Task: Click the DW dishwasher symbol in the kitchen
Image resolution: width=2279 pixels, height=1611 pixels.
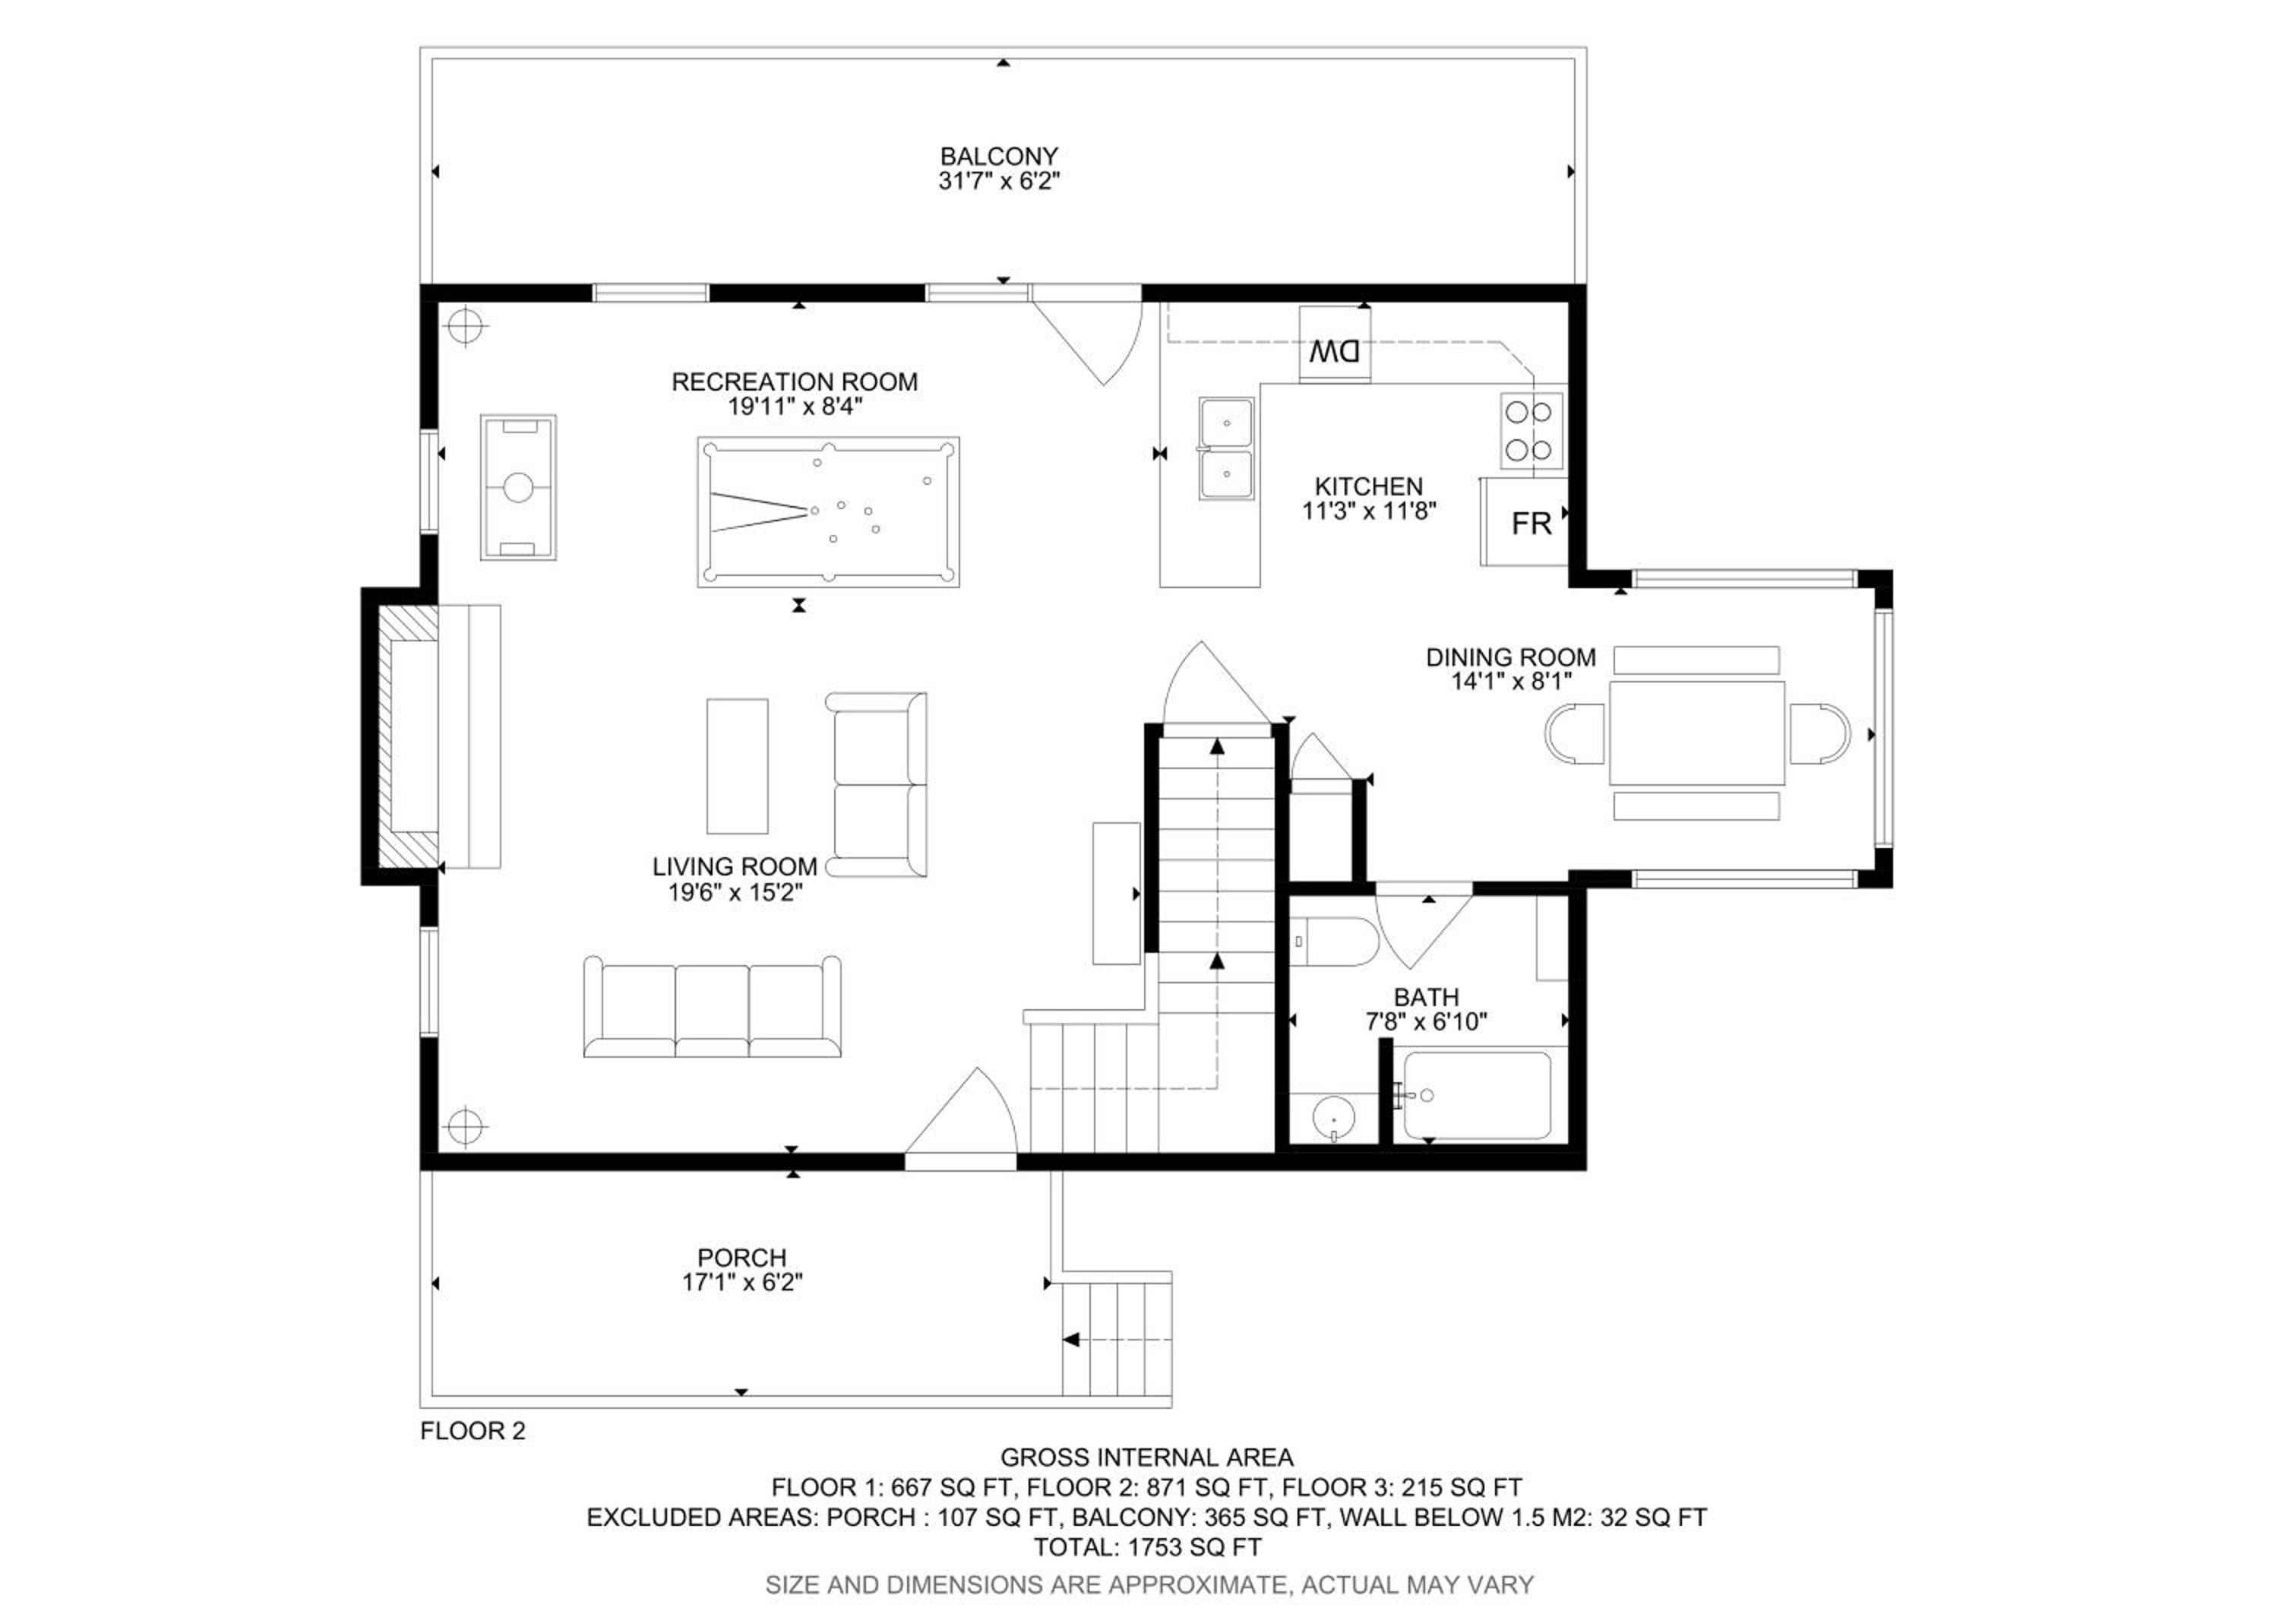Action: tap(1335, 344)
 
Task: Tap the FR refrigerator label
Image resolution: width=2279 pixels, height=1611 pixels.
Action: tap(1531, 524)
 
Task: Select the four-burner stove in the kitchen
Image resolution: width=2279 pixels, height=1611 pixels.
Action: tap(1531, 431)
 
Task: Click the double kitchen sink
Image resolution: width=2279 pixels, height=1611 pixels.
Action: tap(1226, 448)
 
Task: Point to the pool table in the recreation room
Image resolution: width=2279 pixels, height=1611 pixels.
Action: tap(828, 512)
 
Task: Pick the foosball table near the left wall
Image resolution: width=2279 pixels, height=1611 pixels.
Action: tap(518, 487)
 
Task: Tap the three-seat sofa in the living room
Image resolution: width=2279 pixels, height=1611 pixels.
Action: tap(712, 1007)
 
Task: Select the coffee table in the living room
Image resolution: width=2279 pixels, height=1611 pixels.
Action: tap(738, 766)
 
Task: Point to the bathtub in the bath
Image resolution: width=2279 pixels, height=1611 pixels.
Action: tap(1477, 1096)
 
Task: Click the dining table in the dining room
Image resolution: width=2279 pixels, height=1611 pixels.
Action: tap(1696, 733)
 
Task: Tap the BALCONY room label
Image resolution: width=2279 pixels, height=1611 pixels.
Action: tap(998, 157)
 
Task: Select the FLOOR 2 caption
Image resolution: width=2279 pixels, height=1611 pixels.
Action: tap(473, 1430)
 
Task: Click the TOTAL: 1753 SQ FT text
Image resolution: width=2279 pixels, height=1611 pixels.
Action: tap(1147, 1547)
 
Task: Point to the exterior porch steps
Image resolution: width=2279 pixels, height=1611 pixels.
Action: tap(1117, 1339)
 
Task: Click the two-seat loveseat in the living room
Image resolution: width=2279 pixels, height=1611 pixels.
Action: tap(877, 785)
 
